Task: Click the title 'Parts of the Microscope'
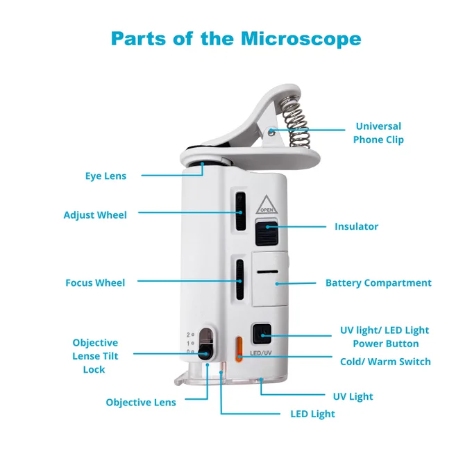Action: click(236, 39)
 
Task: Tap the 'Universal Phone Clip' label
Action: click(378, 133)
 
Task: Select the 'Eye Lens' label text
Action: click(106, 176)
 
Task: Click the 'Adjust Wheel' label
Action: click(95, 215)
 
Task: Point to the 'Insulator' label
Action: click(356, 226)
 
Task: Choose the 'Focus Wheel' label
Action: click(95, 283)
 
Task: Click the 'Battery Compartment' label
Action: click(378, 283)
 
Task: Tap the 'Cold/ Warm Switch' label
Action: click(385, 362)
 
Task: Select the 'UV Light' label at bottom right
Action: click(353, 396)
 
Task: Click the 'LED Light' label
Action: click(312, 414)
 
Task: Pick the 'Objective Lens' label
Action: click(141, 402)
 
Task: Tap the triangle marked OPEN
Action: click(267, 205)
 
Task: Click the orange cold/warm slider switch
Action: click(239, 349)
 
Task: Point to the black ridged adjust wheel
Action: click(240, 211)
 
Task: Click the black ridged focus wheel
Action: click(240, 279)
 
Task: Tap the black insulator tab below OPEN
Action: click(267, 233)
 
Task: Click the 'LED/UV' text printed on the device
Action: click(261, 353)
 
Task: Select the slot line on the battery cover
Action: click(268, 272)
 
